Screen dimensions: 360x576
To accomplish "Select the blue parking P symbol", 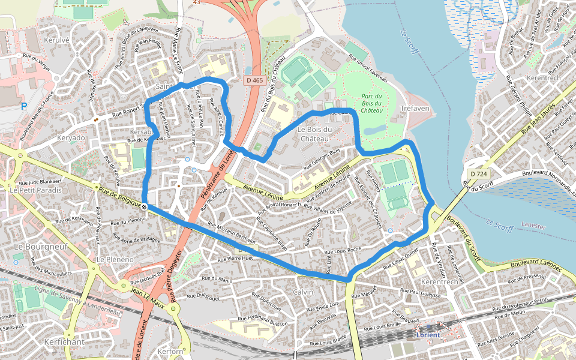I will (24, 106).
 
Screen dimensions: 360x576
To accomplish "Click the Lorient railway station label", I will (428, 334).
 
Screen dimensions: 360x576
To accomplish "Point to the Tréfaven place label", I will (415, 108).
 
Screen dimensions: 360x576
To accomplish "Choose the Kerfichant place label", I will (64, 341).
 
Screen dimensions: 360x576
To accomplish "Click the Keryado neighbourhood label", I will (71, 137).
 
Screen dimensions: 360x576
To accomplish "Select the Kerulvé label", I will (58, 40).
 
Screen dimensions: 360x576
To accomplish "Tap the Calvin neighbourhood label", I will (303, 291).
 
